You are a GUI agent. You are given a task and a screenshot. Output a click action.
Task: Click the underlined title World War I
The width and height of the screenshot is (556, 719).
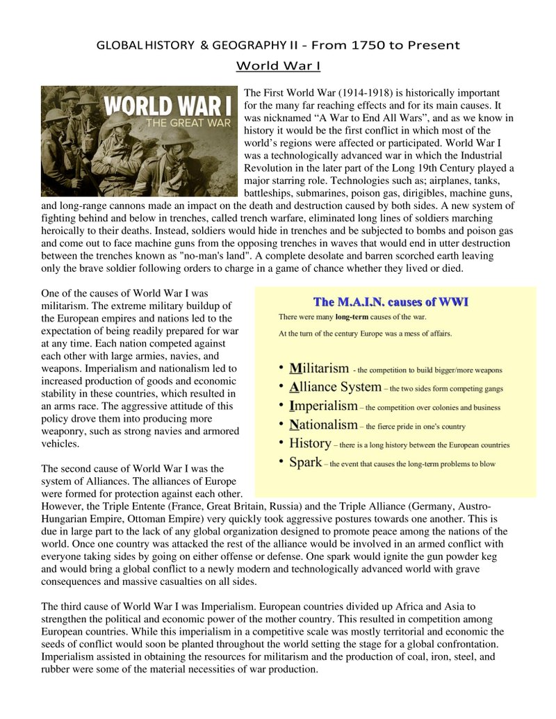(278, 67)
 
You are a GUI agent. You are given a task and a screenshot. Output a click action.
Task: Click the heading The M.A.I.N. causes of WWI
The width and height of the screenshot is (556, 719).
(391, 302)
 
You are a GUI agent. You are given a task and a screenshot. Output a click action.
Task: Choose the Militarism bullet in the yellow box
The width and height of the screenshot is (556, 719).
(319, 369)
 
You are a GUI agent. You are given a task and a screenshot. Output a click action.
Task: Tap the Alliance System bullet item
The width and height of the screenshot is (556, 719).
(335, 388)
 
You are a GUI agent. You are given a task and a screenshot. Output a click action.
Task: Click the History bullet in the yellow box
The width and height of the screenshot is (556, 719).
(310, 443)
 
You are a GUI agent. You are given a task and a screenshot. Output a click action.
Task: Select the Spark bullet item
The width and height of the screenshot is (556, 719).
(305, 462)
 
